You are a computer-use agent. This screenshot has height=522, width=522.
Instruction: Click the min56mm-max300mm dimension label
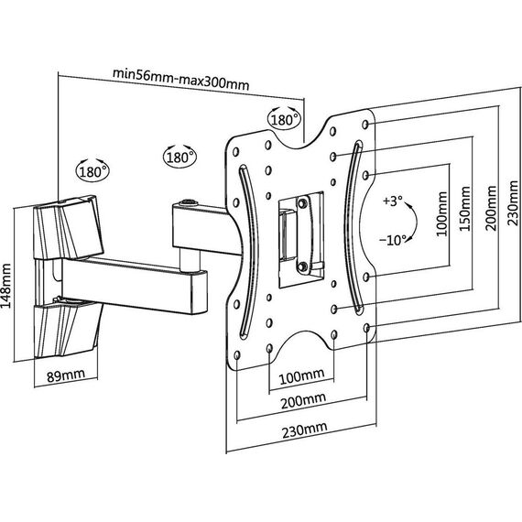tap(180, 80)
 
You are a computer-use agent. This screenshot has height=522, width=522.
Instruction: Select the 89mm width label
tap(66, 375)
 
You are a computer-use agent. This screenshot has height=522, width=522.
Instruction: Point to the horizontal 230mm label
tap(304, 430)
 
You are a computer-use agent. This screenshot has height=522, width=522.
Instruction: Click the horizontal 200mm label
tap(303, 401)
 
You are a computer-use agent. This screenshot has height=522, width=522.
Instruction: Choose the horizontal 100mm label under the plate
tap(301, 376)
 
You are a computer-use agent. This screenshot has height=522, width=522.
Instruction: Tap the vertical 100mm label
tap(441, 213)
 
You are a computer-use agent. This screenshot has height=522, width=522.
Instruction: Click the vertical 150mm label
tap(464, 209)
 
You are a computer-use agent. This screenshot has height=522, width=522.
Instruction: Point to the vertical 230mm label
tap(512, 203)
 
